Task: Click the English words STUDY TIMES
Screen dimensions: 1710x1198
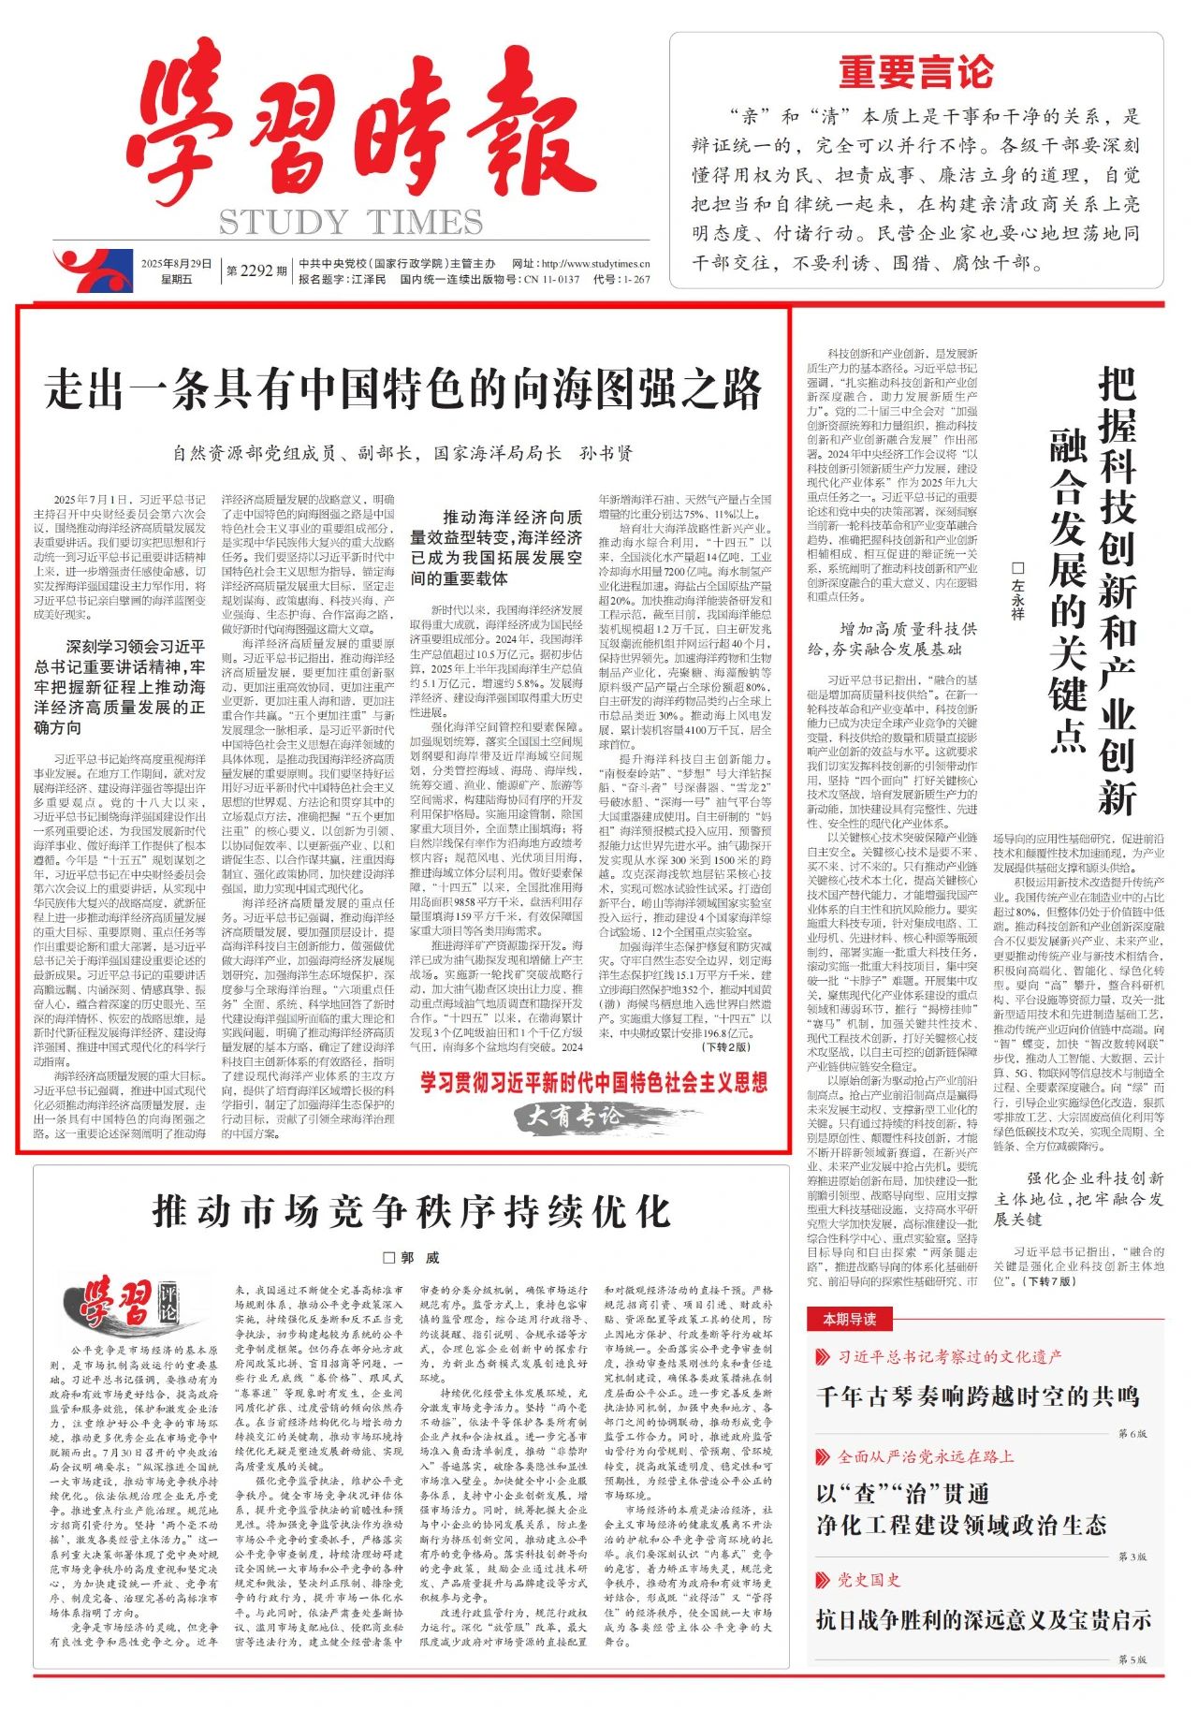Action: click(351, 223)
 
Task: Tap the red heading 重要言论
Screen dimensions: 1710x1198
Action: click(915, 72)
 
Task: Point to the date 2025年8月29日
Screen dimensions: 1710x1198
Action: click(177, 264)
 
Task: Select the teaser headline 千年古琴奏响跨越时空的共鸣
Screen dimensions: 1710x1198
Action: click(977, 1396)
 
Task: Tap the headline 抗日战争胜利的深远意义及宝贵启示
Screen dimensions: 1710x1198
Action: click(984, 1620)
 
